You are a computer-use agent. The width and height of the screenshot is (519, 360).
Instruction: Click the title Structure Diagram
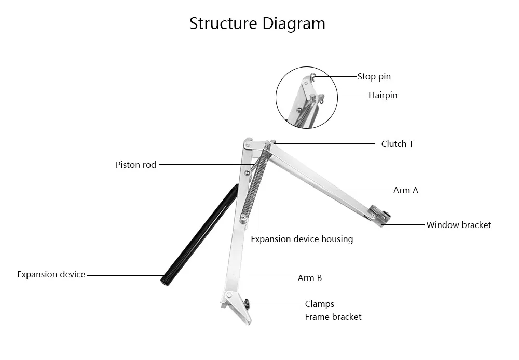click(257, 24)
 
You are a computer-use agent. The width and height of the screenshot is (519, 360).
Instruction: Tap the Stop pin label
click(374, 76)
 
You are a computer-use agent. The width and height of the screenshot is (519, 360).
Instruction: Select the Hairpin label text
click(383, 96)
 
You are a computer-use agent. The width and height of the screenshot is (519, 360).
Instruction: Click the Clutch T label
click(397, 144)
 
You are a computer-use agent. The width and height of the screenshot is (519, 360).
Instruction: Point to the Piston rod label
click(135, 165)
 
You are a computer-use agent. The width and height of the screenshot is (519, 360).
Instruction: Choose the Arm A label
click(406, 191)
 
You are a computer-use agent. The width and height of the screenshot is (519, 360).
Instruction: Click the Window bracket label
click(458, 225)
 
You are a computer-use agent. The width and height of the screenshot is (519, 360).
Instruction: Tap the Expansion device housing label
click(302, 239)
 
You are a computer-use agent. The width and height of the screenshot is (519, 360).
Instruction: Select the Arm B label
click(310, 278)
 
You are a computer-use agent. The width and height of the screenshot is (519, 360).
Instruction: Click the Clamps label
click(319, 304)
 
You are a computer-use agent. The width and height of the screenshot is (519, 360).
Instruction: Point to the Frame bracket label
click(333, 317)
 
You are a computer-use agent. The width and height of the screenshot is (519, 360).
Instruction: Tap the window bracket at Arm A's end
click(380, 215)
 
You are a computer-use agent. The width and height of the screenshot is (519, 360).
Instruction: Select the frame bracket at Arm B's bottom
click(237, 307)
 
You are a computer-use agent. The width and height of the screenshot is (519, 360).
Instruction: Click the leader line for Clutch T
click(324, 144)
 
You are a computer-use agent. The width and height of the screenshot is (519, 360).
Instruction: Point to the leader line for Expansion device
click(125, 275)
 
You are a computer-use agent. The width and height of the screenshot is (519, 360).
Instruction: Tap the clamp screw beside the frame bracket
click(247, 303)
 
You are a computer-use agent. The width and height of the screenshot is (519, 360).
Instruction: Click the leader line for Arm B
click(264, 278)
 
